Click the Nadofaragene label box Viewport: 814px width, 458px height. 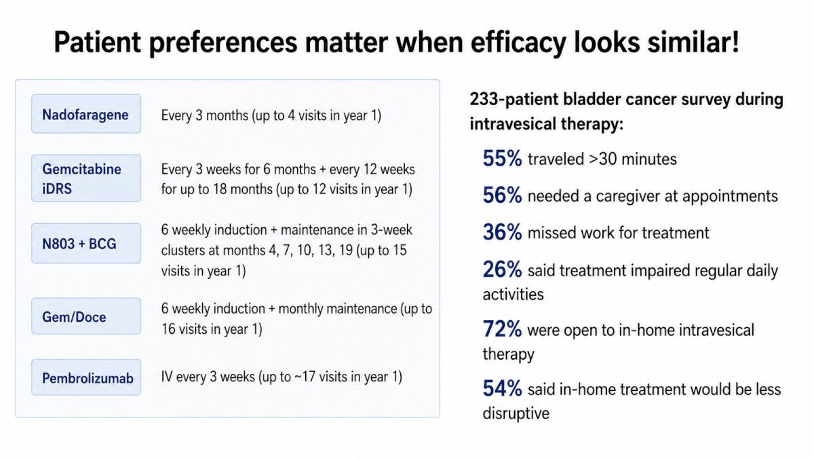click(86, 114)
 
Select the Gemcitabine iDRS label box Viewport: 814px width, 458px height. click(86, 178)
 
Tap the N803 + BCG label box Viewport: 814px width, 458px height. click(86, 243)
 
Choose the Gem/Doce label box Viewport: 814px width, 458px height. click(86, 316)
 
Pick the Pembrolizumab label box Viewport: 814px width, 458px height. click(86, 377)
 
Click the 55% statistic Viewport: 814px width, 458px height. click(502, 159)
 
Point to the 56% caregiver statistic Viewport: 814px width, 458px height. click(502, 195)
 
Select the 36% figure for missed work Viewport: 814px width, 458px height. click(502, 232)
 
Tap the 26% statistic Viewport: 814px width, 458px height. click(502, 270)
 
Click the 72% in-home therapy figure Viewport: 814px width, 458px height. click(502, 329)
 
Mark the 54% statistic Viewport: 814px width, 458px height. click(502, 389)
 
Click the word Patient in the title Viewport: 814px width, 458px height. click(98, 42)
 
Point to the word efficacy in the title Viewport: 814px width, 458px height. click(518, 43)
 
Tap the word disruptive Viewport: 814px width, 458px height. click(516, 414)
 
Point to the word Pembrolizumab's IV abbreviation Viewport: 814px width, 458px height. click(167, 377)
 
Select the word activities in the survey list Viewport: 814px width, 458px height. click(513, 294)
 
